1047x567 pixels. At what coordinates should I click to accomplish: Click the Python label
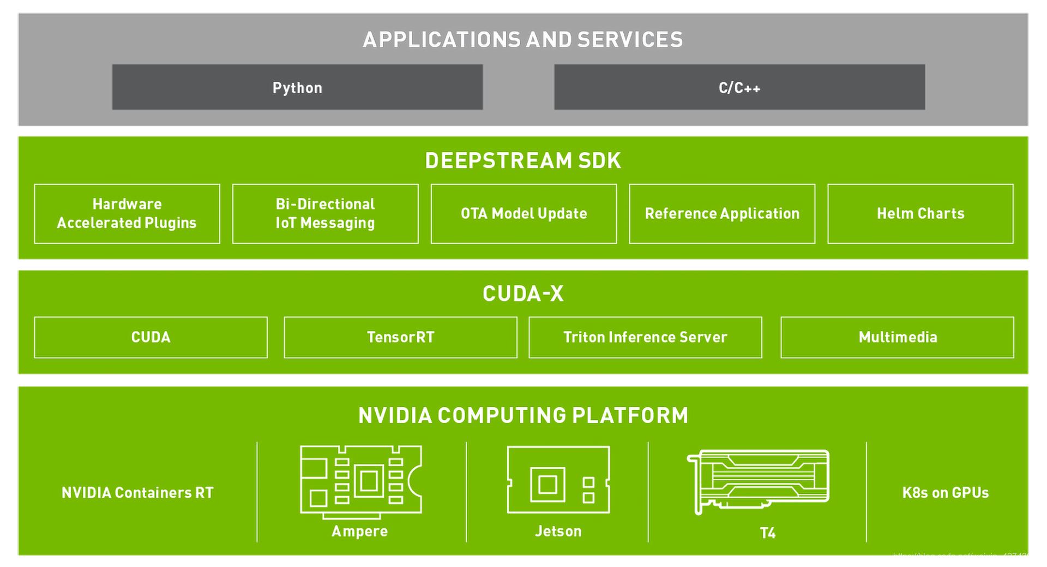point(297,88)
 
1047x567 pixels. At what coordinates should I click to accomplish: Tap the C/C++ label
point(739,88)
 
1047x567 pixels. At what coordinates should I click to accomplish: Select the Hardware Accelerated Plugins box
point(127,214)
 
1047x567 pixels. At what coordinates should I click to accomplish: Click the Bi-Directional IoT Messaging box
point(325,214)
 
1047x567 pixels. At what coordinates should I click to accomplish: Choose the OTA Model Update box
point(523,214)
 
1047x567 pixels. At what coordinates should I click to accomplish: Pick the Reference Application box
point(722,214)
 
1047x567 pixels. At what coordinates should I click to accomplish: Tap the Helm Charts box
point(920,214)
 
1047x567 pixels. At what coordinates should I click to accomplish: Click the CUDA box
point(151,337)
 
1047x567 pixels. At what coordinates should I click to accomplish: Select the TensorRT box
point(400,337)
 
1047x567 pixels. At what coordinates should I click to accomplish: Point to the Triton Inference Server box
point(645,337)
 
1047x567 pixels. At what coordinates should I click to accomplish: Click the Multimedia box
point(898,337)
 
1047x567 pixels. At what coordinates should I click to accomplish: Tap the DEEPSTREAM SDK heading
point(523,161)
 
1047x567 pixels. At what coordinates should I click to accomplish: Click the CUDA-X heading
point(523,294)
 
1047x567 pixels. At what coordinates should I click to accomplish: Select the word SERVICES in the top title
point(630,40)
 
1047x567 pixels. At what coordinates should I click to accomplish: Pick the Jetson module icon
point(558,480)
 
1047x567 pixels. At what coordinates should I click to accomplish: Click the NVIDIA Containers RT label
point(137,493)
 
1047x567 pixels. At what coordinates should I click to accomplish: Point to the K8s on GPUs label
point(945,493)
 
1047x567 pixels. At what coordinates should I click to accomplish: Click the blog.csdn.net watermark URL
point(967,557)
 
